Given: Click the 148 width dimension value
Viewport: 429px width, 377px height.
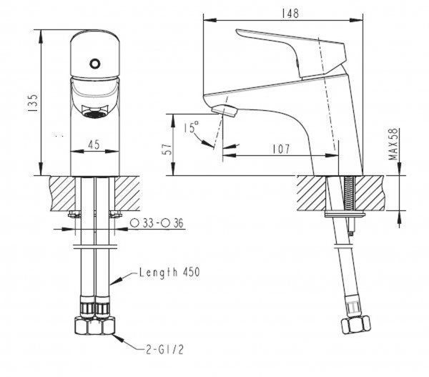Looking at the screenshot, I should click(x=290, y=13).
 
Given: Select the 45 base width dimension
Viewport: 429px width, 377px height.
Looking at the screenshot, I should click(x=93, y=144).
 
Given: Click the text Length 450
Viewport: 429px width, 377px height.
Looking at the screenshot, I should click(x=169, y=272).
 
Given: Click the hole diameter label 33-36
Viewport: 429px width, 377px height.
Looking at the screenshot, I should click(x=158, y=222).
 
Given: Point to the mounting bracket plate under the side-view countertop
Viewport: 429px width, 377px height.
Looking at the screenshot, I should click(x=345, y=213).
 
